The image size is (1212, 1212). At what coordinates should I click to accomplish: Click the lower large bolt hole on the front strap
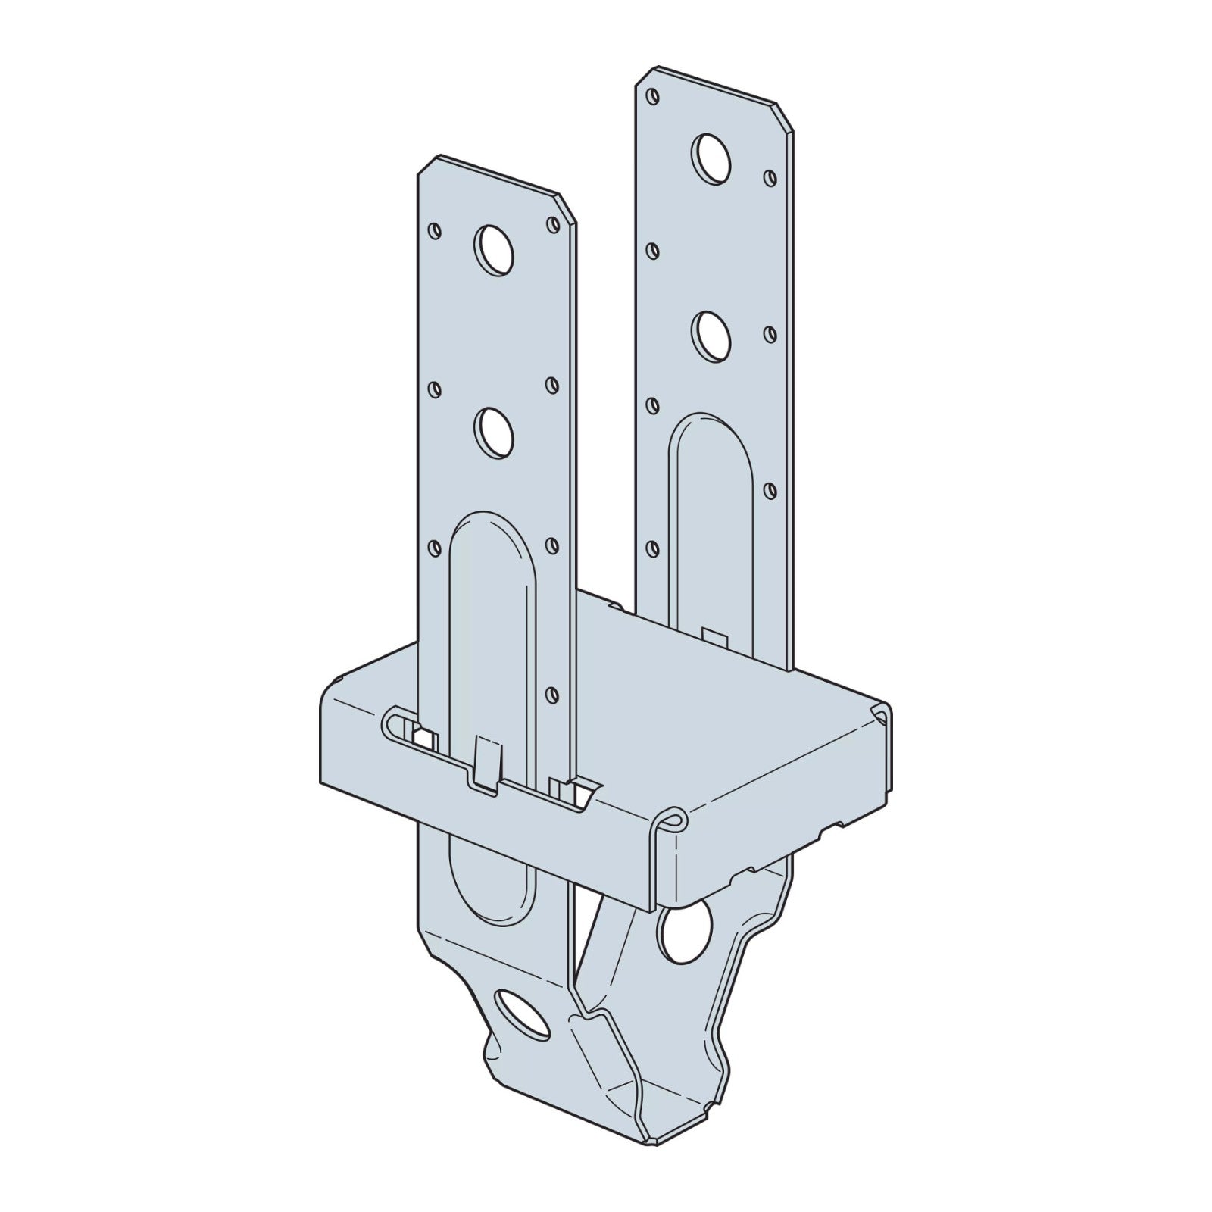(493, 431)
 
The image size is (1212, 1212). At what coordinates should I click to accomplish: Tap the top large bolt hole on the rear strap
(711, 158)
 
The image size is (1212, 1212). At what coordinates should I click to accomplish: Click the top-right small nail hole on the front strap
(552, 224)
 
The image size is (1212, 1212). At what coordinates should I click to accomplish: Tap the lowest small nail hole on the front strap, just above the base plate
(552, 692)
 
